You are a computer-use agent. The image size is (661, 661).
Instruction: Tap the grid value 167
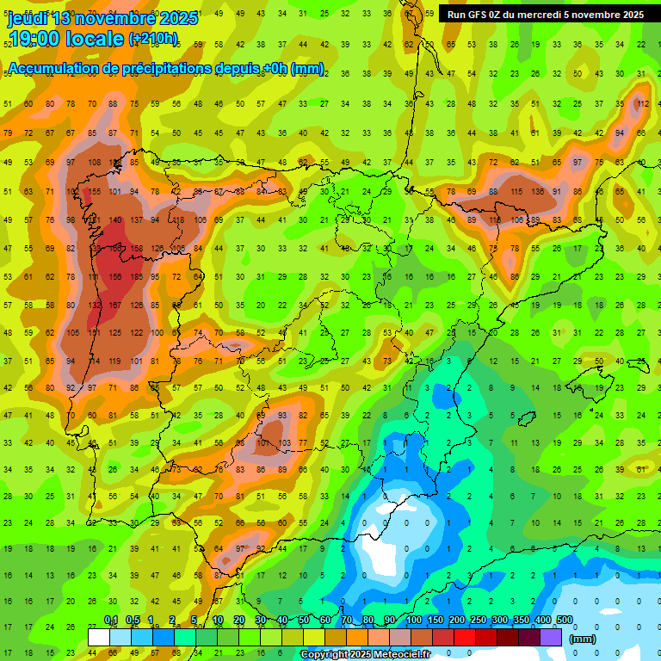pyautogui.click(x=114, y=305)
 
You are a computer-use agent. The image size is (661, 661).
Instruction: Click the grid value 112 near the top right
pyautogui.click(x=642, y=104)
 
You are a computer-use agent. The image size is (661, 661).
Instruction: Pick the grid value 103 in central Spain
pyautogui.click(x=285, y=443)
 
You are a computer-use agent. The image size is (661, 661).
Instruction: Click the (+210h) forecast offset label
pyautogui.click(x=153, y=39)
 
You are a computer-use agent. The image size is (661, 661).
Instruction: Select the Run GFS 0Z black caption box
pyautogui.click(x=546, y=15)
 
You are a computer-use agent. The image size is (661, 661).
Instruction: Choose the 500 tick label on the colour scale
pyautogui.click(x=565, y=620)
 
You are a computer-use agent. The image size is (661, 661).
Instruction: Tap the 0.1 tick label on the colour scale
pyautogui.click(x=111, y=620)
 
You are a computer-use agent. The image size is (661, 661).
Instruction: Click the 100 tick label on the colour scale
pyautogui.click(x=413, y=620)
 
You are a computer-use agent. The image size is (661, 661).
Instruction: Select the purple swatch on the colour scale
pyautogui.click(x=552, y=637)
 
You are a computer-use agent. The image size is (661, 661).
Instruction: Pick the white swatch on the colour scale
pyautogui.click(x=99, y=637)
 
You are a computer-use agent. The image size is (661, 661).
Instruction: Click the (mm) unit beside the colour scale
pyautogui.click(x=583, y=639)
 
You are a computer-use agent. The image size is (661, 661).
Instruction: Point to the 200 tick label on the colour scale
pyautogui.click(x=456, y=620)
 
